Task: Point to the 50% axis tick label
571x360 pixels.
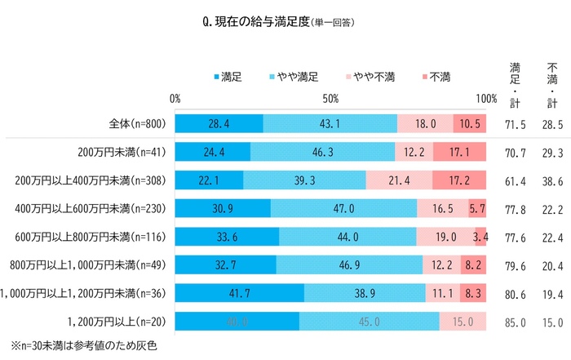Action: (330, 98)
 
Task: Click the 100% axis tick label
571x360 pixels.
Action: (486, 98)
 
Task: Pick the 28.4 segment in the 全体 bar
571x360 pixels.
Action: (219, 124)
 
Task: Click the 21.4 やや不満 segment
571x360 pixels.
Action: (399, 180)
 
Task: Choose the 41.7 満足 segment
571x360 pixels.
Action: (240, 292)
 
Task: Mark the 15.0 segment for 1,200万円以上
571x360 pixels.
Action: (463, 321)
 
